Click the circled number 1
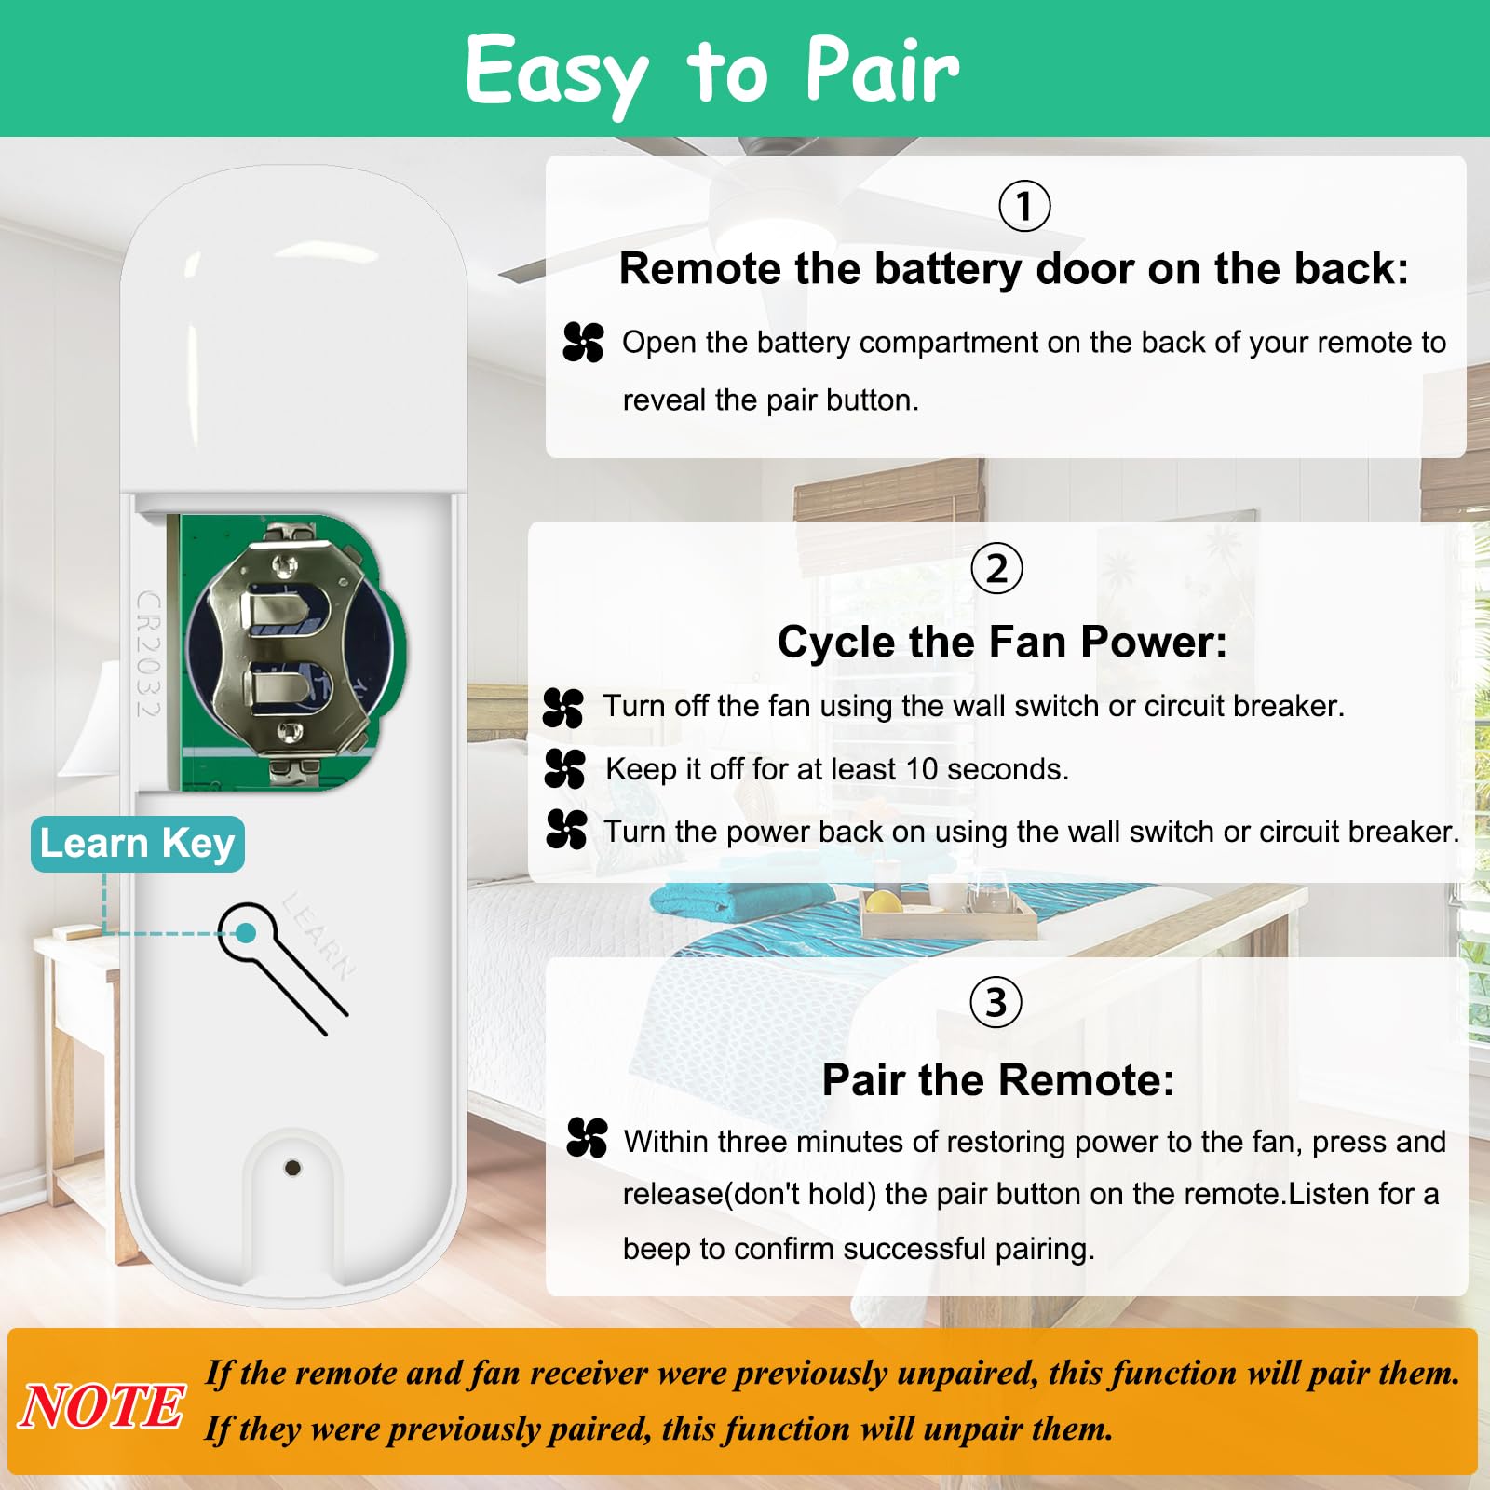click(x=1024, y=206)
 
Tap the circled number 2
click(x=996, y=568)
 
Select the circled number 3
click(x=996, y=1003)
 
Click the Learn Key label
click(x=138, y=844)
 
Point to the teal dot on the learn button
click(x=246, y=932)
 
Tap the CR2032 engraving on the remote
click(x=149, y=654)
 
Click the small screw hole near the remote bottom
click(x=292, y=1167)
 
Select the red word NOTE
click(x=101, y=1406)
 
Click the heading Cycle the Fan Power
click(x=1002, y=642)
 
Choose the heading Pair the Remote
click(x=997, y=1080)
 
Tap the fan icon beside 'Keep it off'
click(x=565, y=769)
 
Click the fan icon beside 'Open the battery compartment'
click(x=584, y=342)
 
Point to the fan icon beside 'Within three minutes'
click(x=587, y=1138)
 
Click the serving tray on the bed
click(x=948, y=914)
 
